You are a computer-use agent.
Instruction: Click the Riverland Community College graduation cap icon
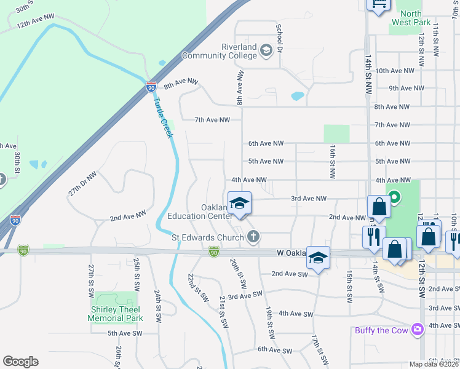pyautogui.click(x=266, y=50)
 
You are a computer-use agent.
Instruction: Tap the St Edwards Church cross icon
pyautogui.click(x=253, y=236)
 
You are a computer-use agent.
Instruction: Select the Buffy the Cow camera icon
pyautogui.click(x=418, y=330)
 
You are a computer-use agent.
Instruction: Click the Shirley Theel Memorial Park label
pyautogui.click(x=115, y=314)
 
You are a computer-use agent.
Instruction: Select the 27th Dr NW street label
pyautogui.click(x=82, y=183)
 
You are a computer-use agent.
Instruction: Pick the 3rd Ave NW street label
pyautogui.click(x=309, y=199)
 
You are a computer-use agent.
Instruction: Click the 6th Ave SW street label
pyautogui.click(x=275, y=350)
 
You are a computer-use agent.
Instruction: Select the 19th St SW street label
pyautogui.click(x=269, y=323)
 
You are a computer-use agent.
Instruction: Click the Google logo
pyautogui.click(x=20, y=362)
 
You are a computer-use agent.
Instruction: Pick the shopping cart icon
pyautogui.click(x=379, y=4)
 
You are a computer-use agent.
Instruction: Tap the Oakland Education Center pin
pyautogui.click(x=239, y=204)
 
